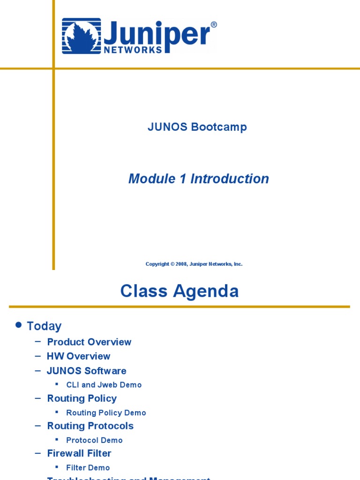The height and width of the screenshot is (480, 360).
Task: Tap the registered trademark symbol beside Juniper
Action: point(214,25)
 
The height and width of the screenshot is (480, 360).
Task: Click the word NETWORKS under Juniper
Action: point(133,49)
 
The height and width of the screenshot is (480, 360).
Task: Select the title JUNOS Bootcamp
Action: point(197,127)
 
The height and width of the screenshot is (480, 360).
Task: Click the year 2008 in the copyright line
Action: point(181,264)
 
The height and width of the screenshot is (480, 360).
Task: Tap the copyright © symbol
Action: point(172,264)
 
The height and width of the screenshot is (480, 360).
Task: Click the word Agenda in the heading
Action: point(207,291)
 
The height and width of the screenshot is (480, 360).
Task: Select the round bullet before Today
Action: point(19,325)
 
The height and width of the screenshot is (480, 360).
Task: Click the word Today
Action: point(44,326)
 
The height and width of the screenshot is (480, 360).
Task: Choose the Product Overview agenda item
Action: point(89,342)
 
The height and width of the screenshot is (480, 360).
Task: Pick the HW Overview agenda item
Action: point(78,356)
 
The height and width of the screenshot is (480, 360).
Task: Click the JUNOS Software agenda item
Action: point(86,371)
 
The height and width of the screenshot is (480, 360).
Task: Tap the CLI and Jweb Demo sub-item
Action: point(104,385)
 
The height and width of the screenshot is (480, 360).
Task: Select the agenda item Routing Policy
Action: point(82,398)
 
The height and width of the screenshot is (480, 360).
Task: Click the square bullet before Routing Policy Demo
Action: point(57,412)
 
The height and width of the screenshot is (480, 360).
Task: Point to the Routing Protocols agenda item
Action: point(90,426)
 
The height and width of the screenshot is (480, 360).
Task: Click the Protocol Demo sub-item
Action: point(94,440)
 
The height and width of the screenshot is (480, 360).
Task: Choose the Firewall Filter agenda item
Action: point(79,453)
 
